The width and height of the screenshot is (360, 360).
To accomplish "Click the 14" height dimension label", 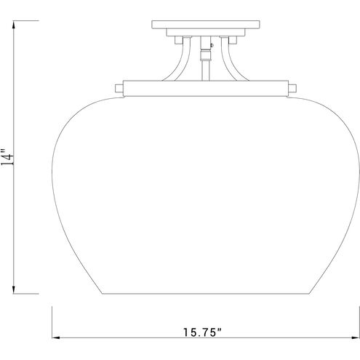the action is pyautogui.click(x=7, y=157).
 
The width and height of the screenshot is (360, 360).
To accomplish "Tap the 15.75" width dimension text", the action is pyautogui.click(x=202, y=332).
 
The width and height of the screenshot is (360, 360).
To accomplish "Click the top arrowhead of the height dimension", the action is pyautogui.click(x=14, y=25).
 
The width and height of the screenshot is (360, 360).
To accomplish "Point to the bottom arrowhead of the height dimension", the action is pyautogui.click(x=14, y=289).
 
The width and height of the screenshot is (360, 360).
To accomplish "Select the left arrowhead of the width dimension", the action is pyautogui.click(x=56, y=337).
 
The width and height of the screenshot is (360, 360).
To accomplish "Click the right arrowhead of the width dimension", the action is pyautogui.click(x=356, y=337).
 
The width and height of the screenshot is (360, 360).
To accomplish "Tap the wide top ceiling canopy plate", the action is pyautogui.click(x=206, y=25).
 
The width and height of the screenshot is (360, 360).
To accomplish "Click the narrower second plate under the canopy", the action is pyautogui.click(x=206, y=33).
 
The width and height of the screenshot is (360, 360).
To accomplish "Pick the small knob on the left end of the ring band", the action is pyautogui.click(x=119, y=88).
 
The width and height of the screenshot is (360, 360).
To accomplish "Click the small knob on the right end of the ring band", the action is pyautogui.click(x=292, y=88).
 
